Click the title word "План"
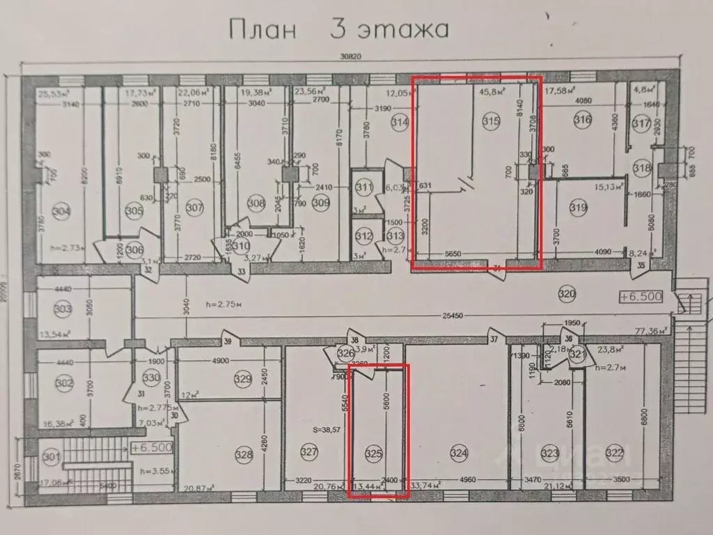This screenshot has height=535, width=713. [262, 30]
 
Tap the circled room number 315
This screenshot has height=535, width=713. [491, 121]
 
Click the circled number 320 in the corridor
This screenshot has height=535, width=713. [567, 295]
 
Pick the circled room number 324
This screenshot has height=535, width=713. [458, 454]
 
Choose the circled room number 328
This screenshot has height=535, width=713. [244, 454]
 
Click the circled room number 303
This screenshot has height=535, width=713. [63, 308]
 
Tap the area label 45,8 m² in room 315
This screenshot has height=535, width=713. [491, 90]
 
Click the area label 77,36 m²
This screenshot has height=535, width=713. [650, 330]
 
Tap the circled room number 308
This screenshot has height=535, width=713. [257, 203]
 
